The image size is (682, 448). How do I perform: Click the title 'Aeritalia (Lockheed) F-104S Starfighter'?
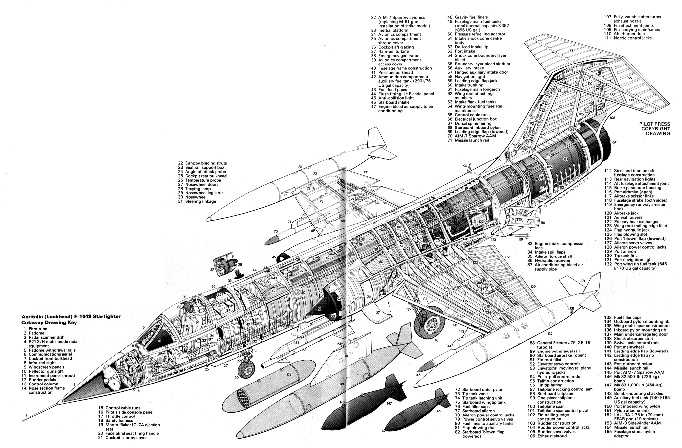coord(71,317)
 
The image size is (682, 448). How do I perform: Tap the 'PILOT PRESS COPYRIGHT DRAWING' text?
coord(654,129)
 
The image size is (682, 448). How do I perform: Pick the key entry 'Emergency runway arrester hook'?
coord(635,207)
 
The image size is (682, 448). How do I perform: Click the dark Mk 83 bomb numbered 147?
coord(364,407)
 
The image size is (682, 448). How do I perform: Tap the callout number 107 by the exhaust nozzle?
coord(614,142)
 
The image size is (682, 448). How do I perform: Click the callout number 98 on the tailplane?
coord(571,50)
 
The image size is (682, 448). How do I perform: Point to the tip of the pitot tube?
coord(22,421)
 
